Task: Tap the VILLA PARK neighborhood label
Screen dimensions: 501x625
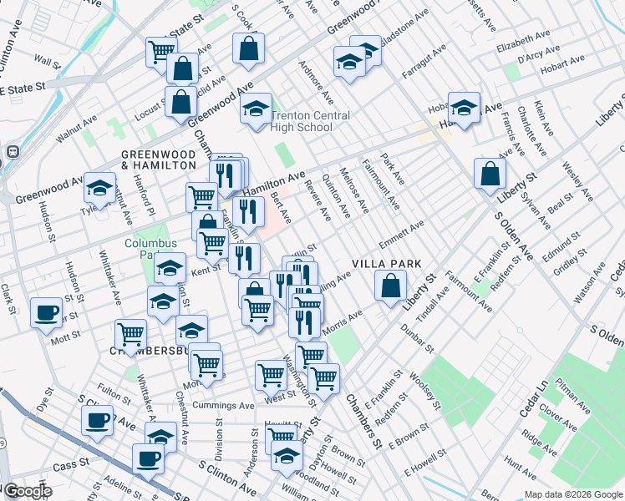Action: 386,263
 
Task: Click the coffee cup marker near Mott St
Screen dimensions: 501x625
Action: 47,313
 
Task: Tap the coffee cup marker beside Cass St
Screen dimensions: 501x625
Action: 149,458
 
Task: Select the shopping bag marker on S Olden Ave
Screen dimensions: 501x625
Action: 490,174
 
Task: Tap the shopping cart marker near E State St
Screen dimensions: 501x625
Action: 160,51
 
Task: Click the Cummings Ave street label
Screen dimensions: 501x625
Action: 223,406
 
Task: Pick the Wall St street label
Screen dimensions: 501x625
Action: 48,62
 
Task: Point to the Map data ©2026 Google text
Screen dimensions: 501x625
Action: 572,494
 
